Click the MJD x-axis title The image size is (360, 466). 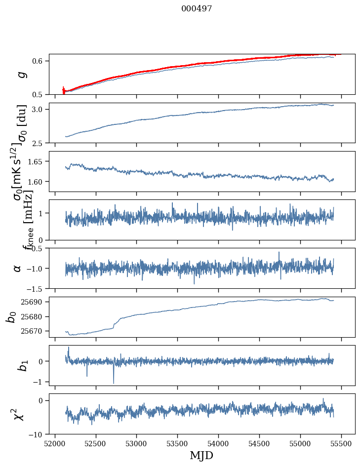201,455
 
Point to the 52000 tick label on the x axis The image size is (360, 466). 55,443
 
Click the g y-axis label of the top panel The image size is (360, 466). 21,75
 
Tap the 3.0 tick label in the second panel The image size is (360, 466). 40,109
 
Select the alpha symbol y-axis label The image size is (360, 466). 17,268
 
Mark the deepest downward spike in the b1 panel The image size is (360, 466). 114,383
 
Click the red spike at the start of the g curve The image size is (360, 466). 63,89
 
